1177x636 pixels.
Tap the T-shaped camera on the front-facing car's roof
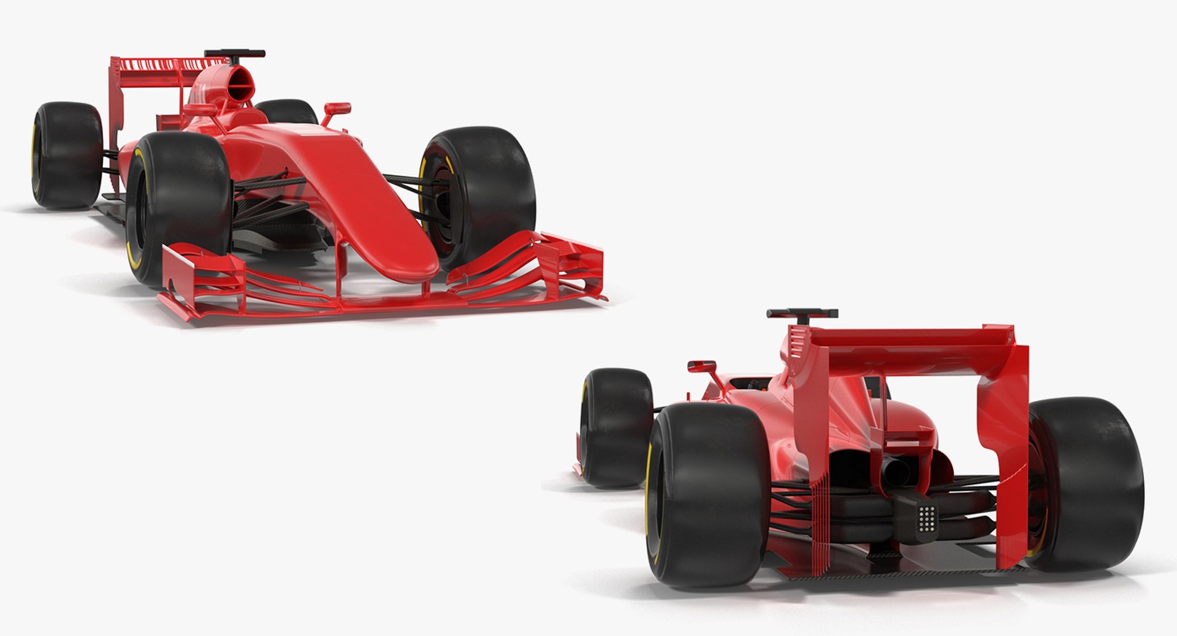235,54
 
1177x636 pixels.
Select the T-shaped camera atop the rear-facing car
802,314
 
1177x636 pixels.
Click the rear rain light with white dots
926,518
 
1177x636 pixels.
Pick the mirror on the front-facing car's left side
200,110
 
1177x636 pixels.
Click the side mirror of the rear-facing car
702,367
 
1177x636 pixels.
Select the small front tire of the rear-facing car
615,426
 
